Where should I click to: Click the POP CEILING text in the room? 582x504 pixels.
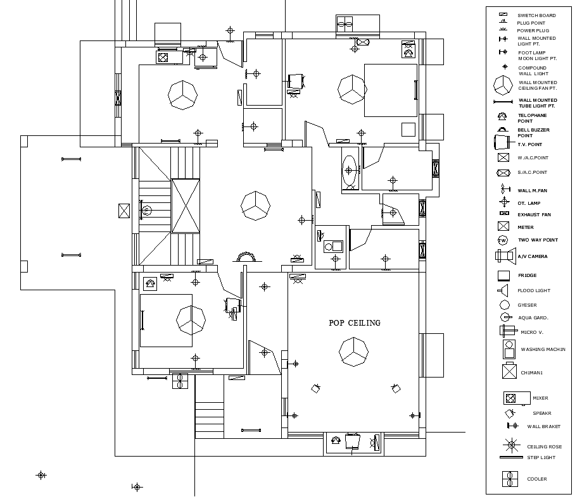click(355, 323)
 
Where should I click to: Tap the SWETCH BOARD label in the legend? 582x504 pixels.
click(536, 15)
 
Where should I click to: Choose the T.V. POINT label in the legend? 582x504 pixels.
click(529, 144)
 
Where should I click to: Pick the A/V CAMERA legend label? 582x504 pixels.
click(533, 257)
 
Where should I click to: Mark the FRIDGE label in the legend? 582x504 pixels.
click(528, 276)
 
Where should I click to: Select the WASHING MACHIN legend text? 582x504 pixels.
click(543, 349)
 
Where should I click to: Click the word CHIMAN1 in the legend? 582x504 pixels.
click(532, 372)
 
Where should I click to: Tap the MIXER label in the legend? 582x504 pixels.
click(540, 398)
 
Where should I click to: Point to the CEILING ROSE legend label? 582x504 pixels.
click(544, 446)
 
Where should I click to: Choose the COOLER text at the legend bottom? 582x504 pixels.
click(537, 479)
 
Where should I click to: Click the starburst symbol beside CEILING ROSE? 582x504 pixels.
click(508, 445)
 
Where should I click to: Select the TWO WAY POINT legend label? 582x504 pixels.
click(538, 240)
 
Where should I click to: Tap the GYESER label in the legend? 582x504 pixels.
click(528, 305)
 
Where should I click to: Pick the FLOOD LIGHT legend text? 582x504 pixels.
click(534, 291)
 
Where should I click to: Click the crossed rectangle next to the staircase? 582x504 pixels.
click(186, 206)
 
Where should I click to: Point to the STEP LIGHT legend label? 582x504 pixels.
click(541, 457)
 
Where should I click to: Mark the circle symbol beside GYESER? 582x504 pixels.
click(505, 305)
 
